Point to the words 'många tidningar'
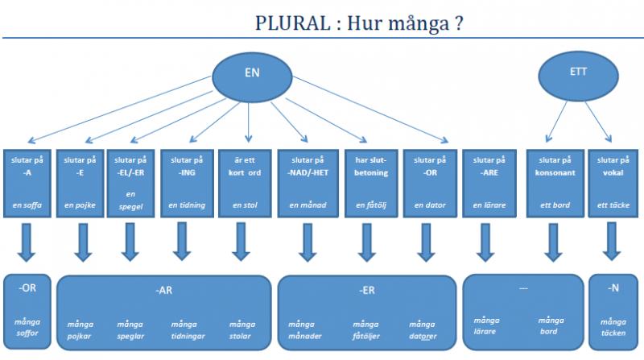[187, 329]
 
